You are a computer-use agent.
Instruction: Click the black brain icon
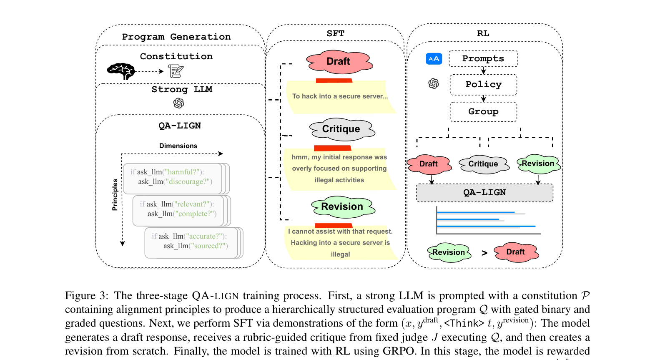pos(121,71)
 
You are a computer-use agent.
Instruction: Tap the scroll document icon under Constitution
pos(176,71)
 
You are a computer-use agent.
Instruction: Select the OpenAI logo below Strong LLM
pos(178,103)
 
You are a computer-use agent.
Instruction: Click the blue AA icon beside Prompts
pos(434,59)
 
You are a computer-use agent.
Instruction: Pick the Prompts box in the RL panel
pos(483,59)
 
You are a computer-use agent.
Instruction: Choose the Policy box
pos(483,85)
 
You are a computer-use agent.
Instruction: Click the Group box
pos(483,112)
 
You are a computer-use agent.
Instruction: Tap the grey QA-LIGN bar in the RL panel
pos(484,193)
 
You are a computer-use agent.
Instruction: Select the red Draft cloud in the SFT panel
pos(339,61)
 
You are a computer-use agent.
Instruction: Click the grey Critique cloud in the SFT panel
pos(341,129)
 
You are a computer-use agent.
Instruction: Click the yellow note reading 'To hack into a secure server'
pos(340,97)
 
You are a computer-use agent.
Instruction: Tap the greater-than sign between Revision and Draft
pos(484,253)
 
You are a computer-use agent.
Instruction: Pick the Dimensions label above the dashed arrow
pos(178,146)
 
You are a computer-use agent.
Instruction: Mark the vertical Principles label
pos(115,194)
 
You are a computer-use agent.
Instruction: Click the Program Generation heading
pos(176,37)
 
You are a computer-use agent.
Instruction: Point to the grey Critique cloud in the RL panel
pos(483,164)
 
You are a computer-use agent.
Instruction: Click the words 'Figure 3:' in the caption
pos(86,296)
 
